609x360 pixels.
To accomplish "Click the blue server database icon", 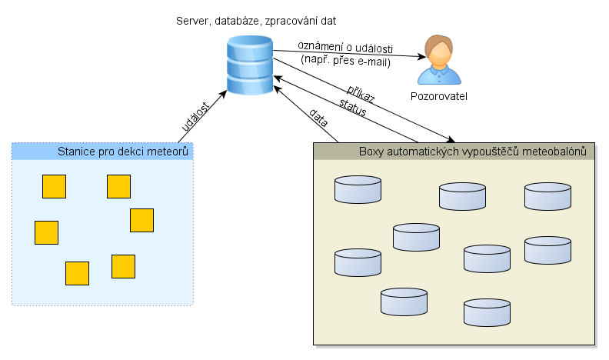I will pyautogui.click(x=250, y=69).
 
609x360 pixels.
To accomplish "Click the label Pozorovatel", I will pyautogui.click(x=439, y=97).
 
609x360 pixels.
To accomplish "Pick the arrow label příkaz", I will pyautogui.click(x=360, y=95).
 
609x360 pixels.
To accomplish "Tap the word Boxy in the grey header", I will pyautogui.click(x=372, y=151).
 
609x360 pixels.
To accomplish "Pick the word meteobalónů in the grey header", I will pyautogui.click(x=553, y=151).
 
